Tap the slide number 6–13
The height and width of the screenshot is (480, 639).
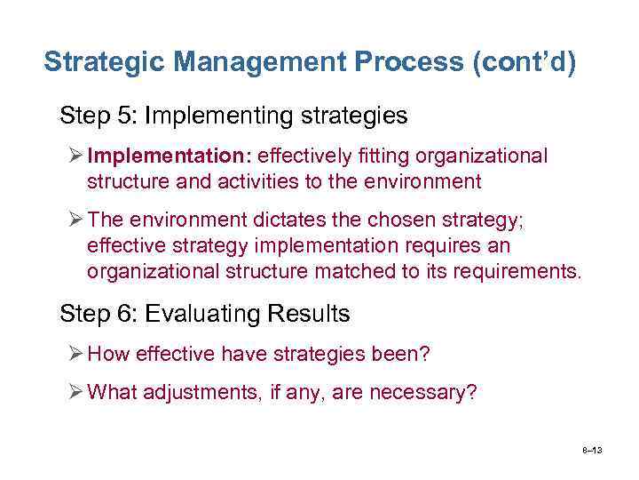(x=592, y=451)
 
